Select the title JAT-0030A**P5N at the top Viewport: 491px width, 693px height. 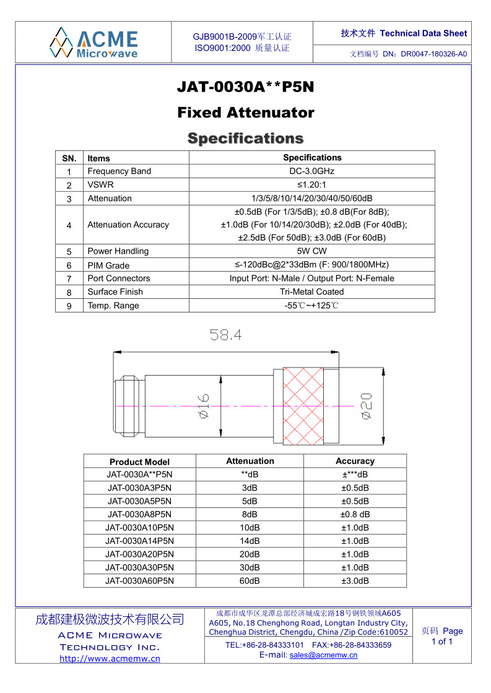point(245,87)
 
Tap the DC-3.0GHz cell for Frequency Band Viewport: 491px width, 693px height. point(311,171)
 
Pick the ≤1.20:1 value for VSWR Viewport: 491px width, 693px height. point(311,185)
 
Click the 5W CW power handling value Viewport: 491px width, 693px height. point(311,251)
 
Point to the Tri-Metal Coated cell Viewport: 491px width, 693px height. point(311,292)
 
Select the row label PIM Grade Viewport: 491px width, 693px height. point(108,265)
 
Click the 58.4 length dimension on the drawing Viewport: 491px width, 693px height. point(225,335)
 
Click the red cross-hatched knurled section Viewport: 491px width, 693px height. point(304,405)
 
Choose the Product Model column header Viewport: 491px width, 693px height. point(139,462)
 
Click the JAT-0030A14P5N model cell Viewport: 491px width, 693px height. point(139,541)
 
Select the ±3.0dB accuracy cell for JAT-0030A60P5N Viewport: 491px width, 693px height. point(355,581)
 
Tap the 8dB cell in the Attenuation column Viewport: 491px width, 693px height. point(250,514)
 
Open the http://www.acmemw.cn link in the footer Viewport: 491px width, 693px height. point(110,658)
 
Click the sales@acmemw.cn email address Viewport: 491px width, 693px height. point(323,655)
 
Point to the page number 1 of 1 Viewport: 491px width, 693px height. point(442,642)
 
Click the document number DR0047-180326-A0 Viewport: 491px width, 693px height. point(433,54)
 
